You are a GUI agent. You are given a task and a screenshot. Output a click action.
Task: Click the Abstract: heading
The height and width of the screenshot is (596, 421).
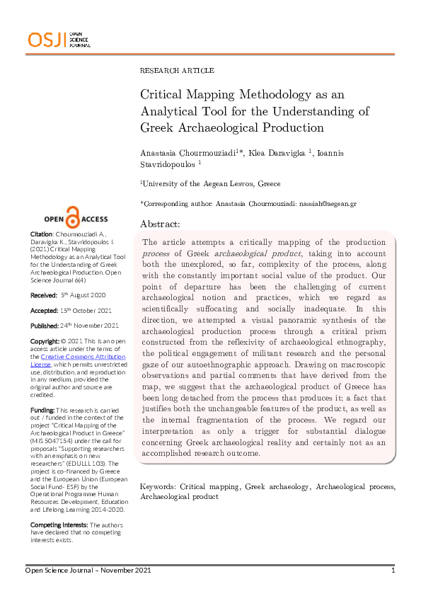point(160,223)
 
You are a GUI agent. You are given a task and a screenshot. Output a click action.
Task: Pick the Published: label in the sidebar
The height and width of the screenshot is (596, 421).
point(45,326)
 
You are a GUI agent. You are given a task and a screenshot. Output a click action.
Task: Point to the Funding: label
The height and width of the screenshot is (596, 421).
point(42,410)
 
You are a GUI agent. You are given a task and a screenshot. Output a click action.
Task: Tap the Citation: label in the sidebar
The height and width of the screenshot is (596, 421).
point(41,234)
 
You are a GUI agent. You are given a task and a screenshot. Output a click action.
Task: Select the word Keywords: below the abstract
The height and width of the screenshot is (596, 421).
point(158,467)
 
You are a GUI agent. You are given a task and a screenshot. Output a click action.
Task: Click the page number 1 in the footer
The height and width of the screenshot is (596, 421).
point(393,571)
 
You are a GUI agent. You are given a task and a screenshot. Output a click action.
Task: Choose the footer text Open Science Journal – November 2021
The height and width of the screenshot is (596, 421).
point(88,571)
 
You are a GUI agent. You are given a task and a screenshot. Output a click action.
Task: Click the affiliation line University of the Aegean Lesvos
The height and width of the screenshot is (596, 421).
point(200,183)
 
